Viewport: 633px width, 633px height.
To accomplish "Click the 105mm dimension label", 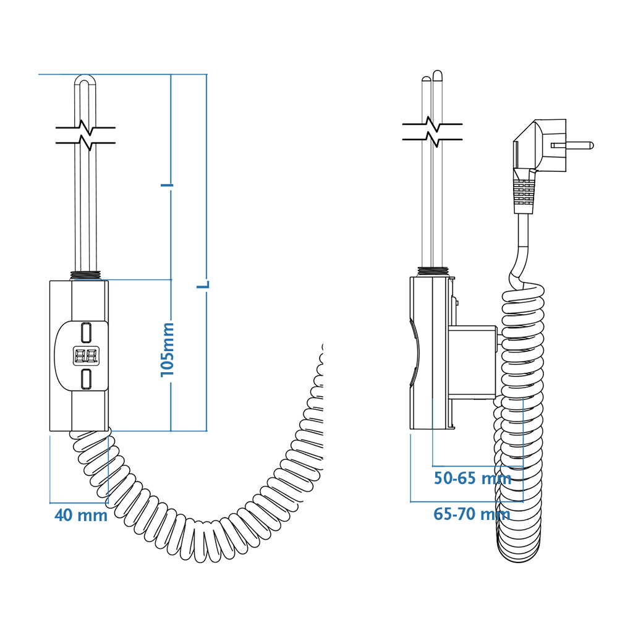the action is pyautogui.click(x=168, y=350).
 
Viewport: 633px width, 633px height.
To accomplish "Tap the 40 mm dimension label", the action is pyautogui.click(x=81, y=516).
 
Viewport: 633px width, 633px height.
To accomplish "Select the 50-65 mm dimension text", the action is pyautogui.click(x=473, y=478).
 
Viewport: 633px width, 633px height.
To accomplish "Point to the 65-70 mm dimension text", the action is pyautogui.click(x=472, y=514).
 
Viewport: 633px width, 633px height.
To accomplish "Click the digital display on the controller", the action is pyautogui.click(x=86, y=355).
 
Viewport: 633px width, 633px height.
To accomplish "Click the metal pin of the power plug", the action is pyautogui.click(x=572, y=145).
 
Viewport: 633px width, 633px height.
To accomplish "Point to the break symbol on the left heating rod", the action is pyautogui.click(x=85, y=134).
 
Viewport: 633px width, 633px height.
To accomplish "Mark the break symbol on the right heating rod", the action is pyautogui.click(x=432, y=131).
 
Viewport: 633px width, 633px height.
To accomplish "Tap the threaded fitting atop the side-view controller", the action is pyautogui.click(x=432, y=272).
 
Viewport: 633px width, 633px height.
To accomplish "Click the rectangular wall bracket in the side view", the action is pyautogui.click(x=472, y=362).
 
